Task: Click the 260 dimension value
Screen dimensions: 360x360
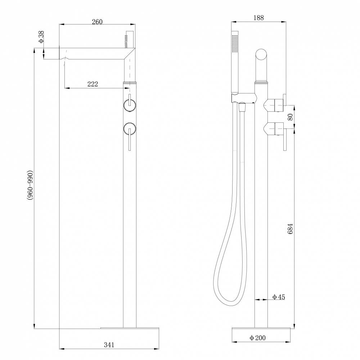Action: tap(97, 22)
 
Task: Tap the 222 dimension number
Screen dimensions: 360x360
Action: tap(93, 84)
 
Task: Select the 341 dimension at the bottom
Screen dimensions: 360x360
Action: tap(109, 345)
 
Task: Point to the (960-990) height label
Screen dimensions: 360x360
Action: tap(30, 185)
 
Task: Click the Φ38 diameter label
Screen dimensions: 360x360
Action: tap(41, 37)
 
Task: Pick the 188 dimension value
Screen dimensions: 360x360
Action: tap(258, 18)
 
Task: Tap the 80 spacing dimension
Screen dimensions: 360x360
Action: tap(290, 117)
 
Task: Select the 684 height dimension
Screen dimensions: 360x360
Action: tap(290, 229)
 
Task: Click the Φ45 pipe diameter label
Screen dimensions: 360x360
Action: tap(279, 297)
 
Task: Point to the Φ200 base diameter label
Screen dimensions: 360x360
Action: tap(257, 338)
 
